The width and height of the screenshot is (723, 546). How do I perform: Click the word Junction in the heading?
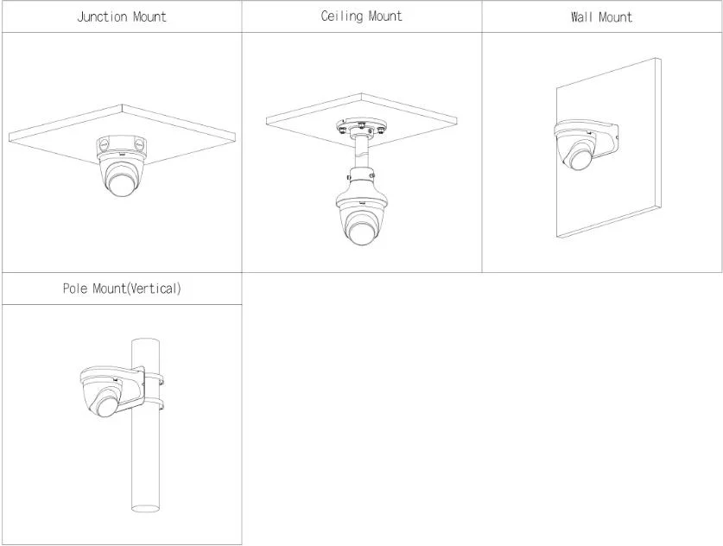click(102, 17)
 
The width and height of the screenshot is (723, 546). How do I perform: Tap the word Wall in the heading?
click(582, 17)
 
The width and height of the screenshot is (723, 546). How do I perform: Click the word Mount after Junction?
click(149, 17)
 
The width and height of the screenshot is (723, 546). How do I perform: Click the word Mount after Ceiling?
click(385, 16)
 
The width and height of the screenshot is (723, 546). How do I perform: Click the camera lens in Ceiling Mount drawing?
click(361, 230)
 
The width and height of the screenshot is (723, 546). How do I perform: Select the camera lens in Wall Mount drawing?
click(580, 158)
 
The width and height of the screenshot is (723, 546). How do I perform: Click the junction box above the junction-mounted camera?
click(122, 145)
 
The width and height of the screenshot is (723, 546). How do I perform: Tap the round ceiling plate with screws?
click(362, 127)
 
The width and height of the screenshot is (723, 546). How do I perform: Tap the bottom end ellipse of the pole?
click(146, 508)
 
